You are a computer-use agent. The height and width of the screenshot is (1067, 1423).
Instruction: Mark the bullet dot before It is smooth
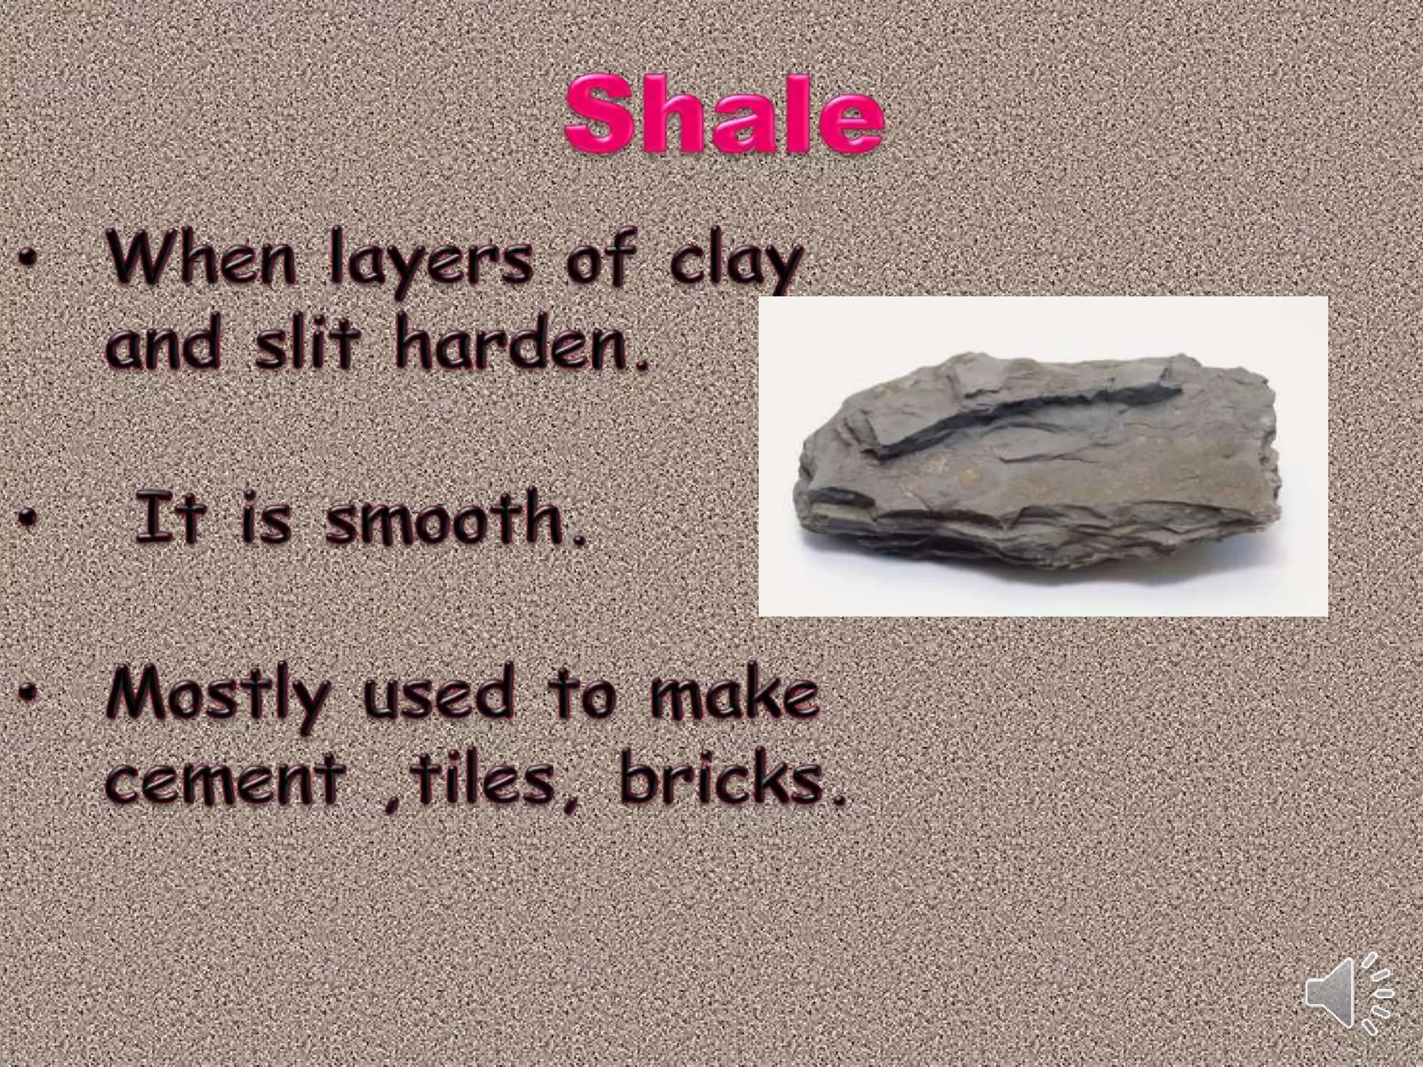pos(28,517)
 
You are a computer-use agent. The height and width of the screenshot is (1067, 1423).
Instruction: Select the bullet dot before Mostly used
pos(28,692)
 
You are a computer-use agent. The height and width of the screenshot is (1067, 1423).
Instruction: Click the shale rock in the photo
pos(1042,479)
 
